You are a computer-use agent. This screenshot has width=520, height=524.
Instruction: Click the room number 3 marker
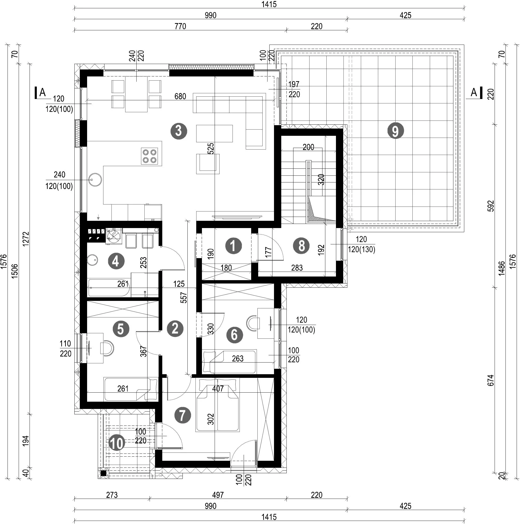click(x=179, y=131)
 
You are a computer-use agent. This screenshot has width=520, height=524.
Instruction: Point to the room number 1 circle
click(x=233, y=246)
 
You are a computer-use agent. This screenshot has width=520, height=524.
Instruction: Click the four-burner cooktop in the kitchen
click(x=150, y=156)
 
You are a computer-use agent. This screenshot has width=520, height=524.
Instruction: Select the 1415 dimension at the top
click(x=269, y=4)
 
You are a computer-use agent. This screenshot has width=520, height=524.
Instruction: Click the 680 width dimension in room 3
click(x=180, y=96)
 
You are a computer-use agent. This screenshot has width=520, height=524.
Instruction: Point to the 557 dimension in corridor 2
click(x=184, y=298)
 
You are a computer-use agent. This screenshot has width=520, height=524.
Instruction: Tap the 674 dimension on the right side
click(x=491, y=380)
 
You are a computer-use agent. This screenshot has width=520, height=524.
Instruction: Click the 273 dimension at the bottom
click(x=112, y=495)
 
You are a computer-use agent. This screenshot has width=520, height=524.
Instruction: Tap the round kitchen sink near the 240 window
click(x=95, y=180)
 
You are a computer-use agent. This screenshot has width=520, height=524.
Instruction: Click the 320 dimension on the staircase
click(x=321, y=180)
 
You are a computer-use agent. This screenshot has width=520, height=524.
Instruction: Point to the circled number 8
click(x=301, y=246)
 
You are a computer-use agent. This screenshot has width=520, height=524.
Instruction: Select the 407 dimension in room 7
click(x=218, y=389)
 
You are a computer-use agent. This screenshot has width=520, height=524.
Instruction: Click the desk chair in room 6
click(x=252, y=323)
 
